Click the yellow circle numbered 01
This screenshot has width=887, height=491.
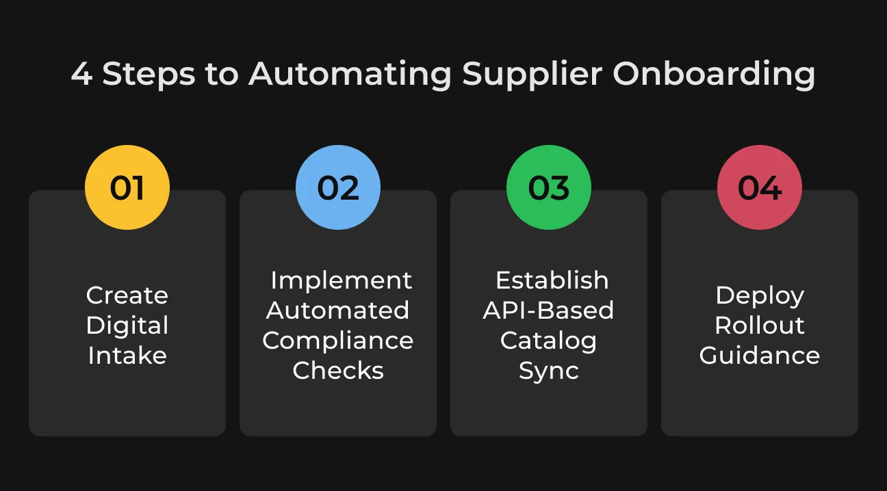click(127, 187)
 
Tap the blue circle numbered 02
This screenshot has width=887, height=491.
click(338, 187)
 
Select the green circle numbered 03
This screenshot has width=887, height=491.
click(549, 187)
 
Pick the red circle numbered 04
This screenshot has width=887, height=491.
click(760, 187)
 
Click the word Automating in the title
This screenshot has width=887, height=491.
click(350, 75)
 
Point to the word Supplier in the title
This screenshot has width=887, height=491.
click(532, 75)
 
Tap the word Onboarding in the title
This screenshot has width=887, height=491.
click(714, 75)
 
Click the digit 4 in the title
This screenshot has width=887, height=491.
click(81, 74)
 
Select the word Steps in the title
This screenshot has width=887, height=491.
click(149, 75)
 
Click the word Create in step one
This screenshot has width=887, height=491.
click(127, 295)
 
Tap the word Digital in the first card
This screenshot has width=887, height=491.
click(127, 326)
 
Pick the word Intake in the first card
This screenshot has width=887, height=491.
click(127, 356)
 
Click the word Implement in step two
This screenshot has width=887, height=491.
click(342, 281)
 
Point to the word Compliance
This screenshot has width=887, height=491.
click(338, 341)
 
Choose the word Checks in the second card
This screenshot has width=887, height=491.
click(338, 371)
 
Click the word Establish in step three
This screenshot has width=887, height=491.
click(552, 280)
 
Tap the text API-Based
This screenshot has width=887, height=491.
click(548, 310)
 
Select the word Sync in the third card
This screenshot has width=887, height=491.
click(549, 371)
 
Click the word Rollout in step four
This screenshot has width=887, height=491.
click(760, 326)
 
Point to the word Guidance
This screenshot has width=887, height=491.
click(760, 356)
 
